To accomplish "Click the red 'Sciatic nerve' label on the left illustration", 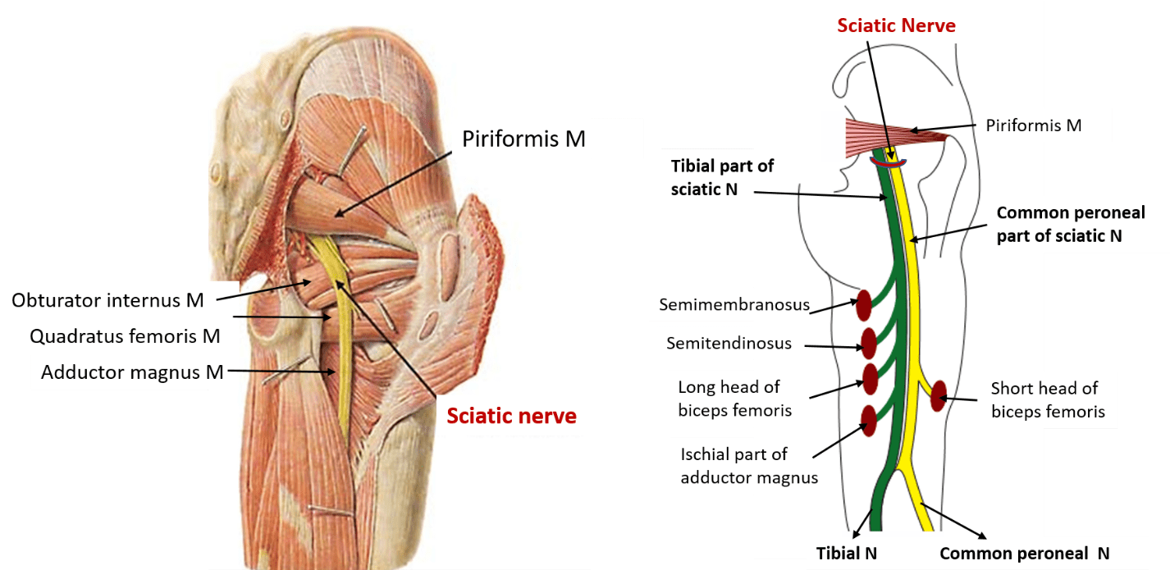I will (511, 417).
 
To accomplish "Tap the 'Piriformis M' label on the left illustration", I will (523, 139).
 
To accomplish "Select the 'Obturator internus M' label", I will (107, 300).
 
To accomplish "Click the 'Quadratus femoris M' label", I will (125, 336).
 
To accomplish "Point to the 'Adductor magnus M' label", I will (132, 372).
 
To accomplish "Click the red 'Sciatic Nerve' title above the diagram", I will (896, 25).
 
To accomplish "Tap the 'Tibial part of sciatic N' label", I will (722, 177).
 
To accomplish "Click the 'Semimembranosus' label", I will (734, 305).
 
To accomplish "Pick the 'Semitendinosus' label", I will (729, 343).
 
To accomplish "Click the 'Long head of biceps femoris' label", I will (729, 398).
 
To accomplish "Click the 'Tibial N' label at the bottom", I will (847, 554).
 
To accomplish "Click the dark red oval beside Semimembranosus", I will (863, 305).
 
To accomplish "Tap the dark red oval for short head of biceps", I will (938, 395).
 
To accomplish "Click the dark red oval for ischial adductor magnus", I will (867, 420).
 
